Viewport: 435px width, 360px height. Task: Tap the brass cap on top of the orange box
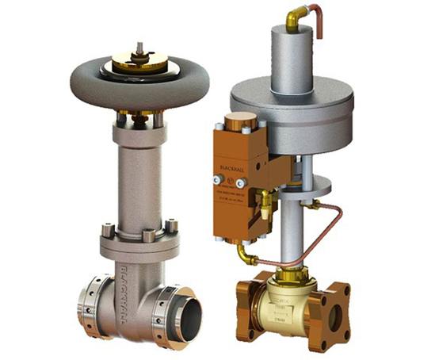point(234,121)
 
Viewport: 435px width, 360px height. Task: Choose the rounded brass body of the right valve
point(288,305)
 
